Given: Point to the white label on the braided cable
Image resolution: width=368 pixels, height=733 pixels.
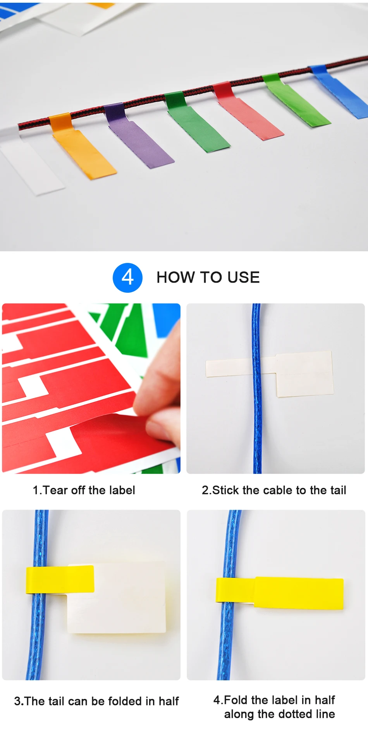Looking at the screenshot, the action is click(x=31, y=163).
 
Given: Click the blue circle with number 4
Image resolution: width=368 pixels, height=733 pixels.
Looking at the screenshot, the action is click(x=127, y=278).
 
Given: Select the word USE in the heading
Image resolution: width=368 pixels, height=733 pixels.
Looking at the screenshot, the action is click(x=244, y=278).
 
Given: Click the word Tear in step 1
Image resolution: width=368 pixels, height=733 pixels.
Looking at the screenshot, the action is click(x=55, y=490).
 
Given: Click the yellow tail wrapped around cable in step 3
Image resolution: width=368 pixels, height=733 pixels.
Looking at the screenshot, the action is click(x=60, y=579).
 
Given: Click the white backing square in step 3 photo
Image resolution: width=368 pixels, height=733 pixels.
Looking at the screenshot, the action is click(x=116, y=598).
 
